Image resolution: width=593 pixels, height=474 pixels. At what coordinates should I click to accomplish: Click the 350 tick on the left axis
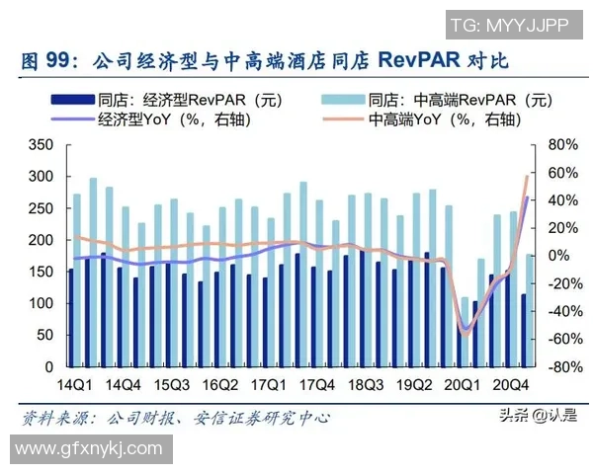point(42,144)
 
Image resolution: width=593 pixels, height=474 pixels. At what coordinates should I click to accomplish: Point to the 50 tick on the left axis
point(45,336)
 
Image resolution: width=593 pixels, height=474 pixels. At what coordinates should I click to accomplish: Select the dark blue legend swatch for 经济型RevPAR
point(75,99)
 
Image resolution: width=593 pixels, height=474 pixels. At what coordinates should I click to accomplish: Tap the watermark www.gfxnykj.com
point(87,449)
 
